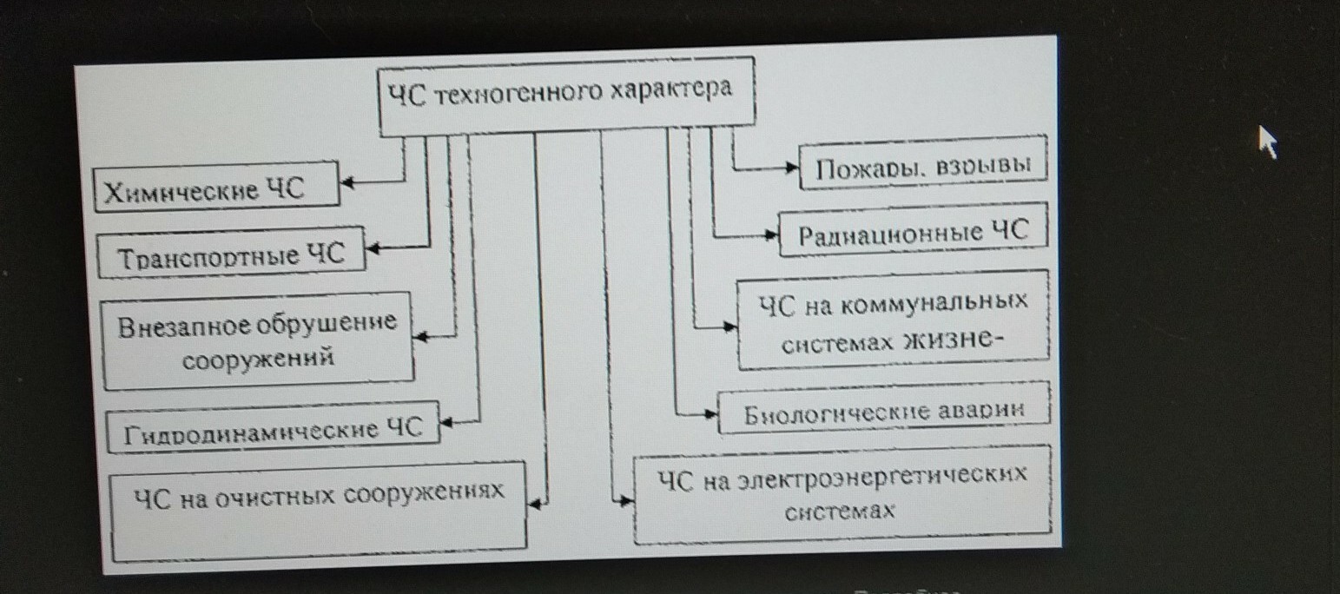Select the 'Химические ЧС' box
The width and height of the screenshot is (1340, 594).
216,187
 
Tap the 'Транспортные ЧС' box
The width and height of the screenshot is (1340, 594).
231,254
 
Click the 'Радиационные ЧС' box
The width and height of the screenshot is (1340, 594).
913,233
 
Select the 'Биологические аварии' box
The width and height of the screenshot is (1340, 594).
885,411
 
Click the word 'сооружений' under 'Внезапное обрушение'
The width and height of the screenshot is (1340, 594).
258,357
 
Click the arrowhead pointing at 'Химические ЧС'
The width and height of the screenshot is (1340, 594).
345,182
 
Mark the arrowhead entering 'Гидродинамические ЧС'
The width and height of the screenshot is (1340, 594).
446,423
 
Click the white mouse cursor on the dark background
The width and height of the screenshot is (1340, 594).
1268,141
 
